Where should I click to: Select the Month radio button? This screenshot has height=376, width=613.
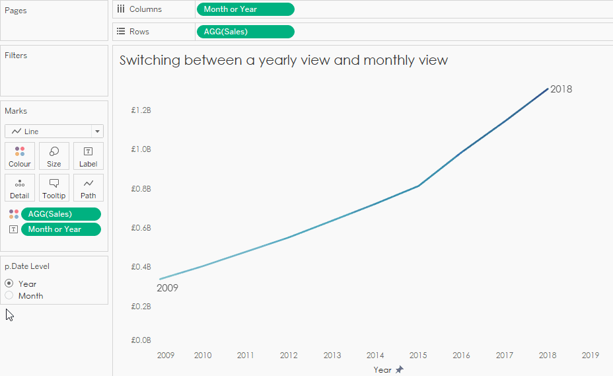click(9, 295)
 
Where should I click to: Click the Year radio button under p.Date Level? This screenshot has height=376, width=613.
click(9, 283)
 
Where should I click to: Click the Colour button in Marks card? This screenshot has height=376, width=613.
click(20, 157)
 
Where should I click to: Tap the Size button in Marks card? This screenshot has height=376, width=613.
click(54, 157)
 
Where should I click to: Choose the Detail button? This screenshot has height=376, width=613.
click(20, 188)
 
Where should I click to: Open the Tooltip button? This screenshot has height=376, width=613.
click(54, 188)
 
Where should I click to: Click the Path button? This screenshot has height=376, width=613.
click(89, 188)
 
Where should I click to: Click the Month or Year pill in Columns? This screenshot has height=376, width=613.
click(245, 9)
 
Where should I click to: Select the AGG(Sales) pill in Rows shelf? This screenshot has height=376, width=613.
click(245, 32)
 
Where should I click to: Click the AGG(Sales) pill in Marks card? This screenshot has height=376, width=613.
click(61, 214)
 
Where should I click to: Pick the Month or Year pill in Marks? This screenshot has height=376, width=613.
click(61, 229)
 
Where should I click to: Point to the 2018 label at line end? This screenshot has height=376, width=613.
click(561, 89)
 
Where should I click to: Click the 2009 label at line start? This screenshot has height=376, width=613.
click(167, 288)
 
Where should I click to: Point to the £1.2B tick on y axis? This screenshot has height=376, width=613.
click(141, 110)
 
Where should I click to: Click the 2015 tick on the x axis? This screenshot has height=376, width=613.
click(418, 356)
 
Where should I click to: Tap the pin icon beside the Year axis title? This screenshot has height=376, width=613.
click(399, 370)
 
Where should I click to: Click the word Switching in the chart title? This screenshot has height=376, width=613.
click(150, 60)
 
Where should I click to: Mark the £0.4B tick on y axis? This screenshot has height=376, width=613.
click(141, 267)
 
